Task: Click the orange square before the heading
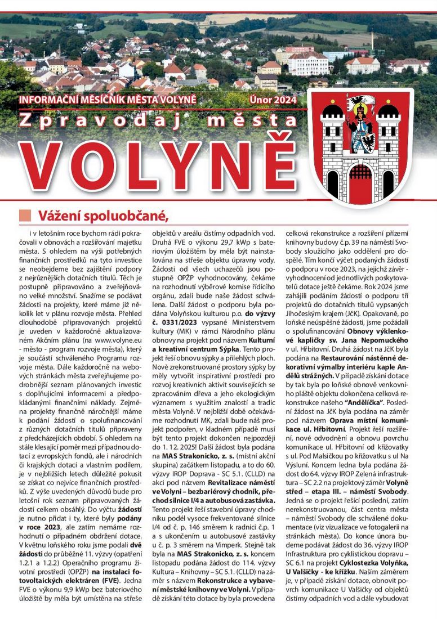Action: pos(25,216)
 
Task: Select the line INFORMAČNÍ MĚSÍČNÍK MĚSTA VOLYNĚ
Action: pos(108,100)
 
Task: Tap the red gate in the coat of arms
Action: pos(360,179)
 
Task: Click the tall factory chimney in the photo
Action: pos(372,41)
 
